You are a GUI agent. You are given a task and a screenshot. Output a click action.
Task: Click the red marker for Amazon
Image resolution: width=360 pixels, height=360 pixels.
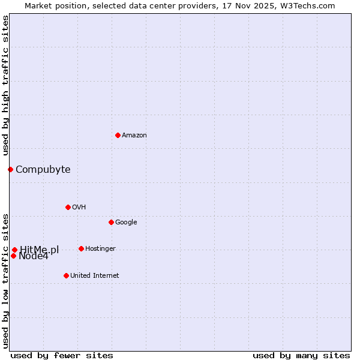coord(118,135)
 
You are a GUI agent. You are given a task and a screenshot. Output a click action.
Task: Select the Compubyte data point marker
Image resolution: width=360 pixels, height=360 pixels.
coord(10,169)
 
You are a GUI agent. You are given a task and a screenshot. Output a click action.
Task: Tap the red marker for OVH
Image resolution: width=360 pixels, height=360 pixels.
coord(68,207)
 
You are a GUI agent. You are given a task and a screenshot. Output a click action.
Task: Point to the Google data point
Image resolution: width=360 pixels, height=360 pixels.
coord(111,222)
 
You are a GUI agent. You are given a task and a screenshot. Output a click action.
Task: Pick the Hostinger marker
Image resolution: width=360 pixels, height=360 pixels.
coord(81,248)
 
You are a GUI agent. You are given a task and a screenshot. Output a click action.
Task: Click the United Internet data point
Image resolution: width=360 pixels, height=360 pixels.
coord(66,275)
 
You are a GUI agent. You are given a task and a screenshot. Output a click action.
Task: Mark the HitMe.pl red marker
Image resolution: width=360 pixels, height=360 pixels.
coord(14,250)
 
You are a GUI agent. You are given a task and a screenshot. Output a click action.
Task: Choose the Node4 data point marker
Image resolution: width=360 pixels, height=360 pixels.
coord(13,256)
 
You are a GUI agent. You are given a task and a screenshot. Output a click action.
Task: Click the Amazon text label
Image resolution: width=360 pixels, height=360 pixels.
coord(134,136)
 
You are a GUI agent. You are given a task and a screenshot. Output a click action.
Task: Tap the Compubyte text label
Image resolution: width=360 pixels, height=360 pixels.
coord(43,170)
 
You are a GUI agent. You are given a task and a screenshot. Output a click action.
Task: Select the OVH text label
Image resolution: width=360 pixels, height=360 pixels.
coord(79,208)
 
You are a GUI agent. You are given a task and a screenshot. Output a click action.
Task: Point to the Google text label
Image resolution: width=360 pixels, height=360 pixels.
coord(126,223)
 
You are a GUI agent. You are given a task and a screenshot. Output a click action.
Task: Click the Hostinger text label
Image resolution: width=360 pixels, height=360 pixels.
coord(100,249)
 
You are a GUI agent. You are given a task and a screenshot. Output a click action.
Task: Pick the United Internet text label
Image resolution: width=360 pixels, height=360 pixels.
coord(95,276)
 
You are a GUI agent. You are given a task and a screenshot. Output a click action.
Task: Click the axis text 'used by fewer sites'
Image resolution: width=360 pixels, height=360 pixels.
coord(62,355)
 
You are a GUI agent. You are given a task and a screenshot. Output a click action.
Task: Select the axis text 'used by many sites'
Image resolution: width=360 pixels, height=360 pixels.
coord(301,355)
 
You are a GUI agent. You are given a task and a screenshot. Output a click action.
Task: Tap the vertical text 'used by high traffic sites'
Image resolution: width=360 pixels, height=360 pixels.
coord(5,85)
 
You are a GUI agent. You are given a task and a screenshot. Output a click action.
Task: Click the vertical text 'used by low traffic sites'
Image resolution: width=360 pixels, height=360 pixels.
coord(5,280)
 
